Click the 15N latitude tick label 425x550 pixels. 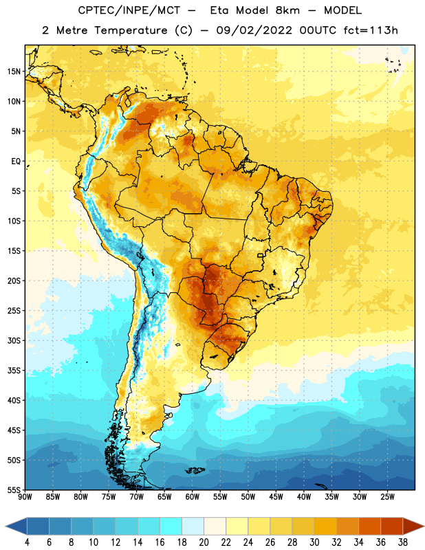[14, 71]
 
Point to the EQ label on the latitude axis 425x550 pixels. [16, 162]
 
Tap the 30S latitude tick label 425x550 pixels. [14, 340]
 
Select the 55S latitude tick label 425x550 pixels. [14, 490]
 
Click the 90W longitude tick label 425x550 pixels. [25, 497]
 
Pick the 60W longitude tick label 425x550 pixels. [193, 497]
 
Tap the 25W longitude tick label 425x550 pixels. [387, 497]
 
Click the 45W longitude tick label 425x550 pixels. [276, 497]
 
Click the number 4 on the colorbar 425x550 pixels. [28, 542]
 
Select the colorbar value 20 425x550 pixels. [204, 542]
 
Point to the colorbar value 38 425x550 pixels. [402, 542]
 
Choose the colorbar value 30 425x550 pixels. [314, 542]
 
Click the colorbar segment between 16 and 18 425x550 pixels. [171, 526]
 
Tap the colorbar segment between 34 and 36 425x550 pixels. [369, 526]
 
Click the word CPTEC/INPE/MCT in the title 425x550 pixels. [129, 10]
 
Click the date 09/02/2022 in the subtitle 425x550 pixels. [254, 30]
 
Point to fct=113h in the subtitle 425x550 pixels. [371, 30]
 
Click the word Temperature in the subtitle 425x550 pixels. [131, 30]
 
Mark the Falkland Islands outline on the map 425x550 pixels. [195, 470]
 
